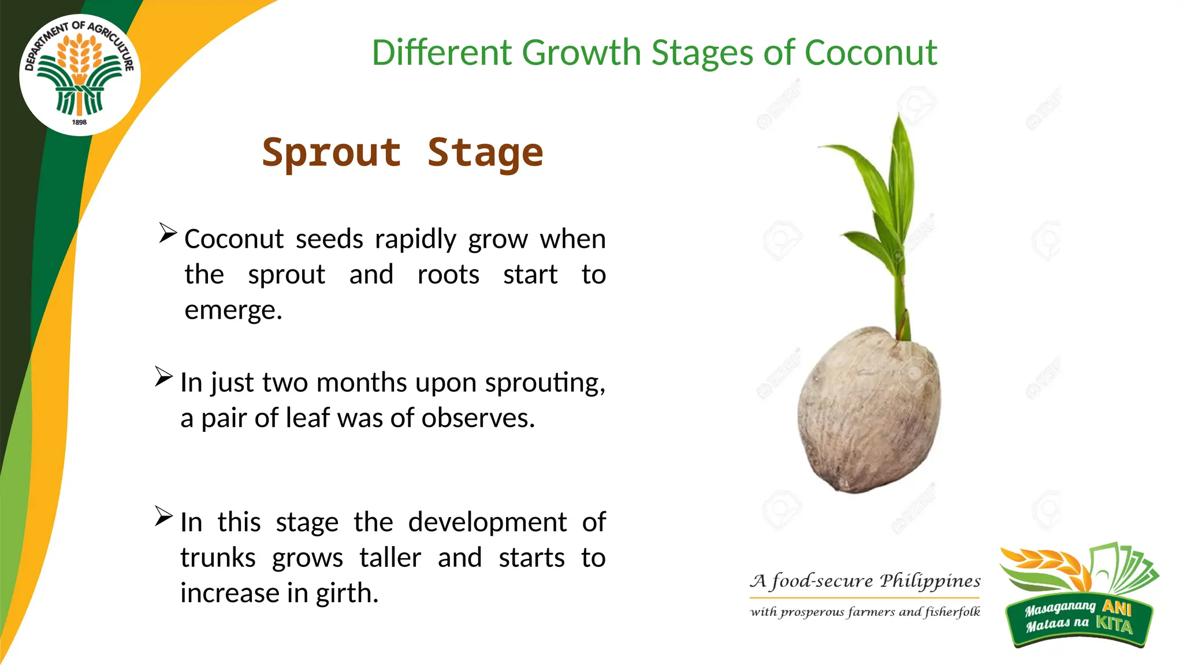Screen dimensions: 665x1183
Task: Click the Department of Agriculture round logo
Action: pyautogui.click(x=80, y=75)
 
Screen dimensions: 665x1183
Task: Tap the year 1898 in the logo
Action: pyautogui.click(x=79, y=122)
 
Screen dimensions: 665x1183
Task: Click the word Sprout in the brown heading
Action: pyautogui.click(x=332, y=153)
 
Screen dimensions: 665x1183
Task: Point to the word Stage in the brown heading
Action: pyautogui.click(x=485, y=153)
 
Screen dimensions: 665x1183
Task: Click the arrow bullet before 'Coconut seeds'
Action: pyautogui.click(x=168, y=233)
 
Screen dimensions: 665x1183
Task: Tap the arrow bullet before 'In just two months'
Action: pyautogui.click(x=163, y=377)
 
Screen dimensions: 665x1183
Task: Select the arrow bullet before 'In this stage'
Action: pyautogui.click(x=163, y=516)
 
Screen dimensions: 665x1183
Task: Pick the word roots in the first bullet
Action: pyautogui.click(x=448, y=275)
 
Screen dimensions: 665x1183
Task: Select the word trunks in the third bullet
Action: pyautogui.click(x=218, y=558)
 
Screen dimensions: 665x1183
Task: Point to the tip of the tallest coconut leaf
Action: pyautogui.click(x=898, y=115)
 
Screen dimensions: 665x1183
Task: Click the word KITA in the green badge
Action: pyautogui.click(x=1114, y=625)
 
